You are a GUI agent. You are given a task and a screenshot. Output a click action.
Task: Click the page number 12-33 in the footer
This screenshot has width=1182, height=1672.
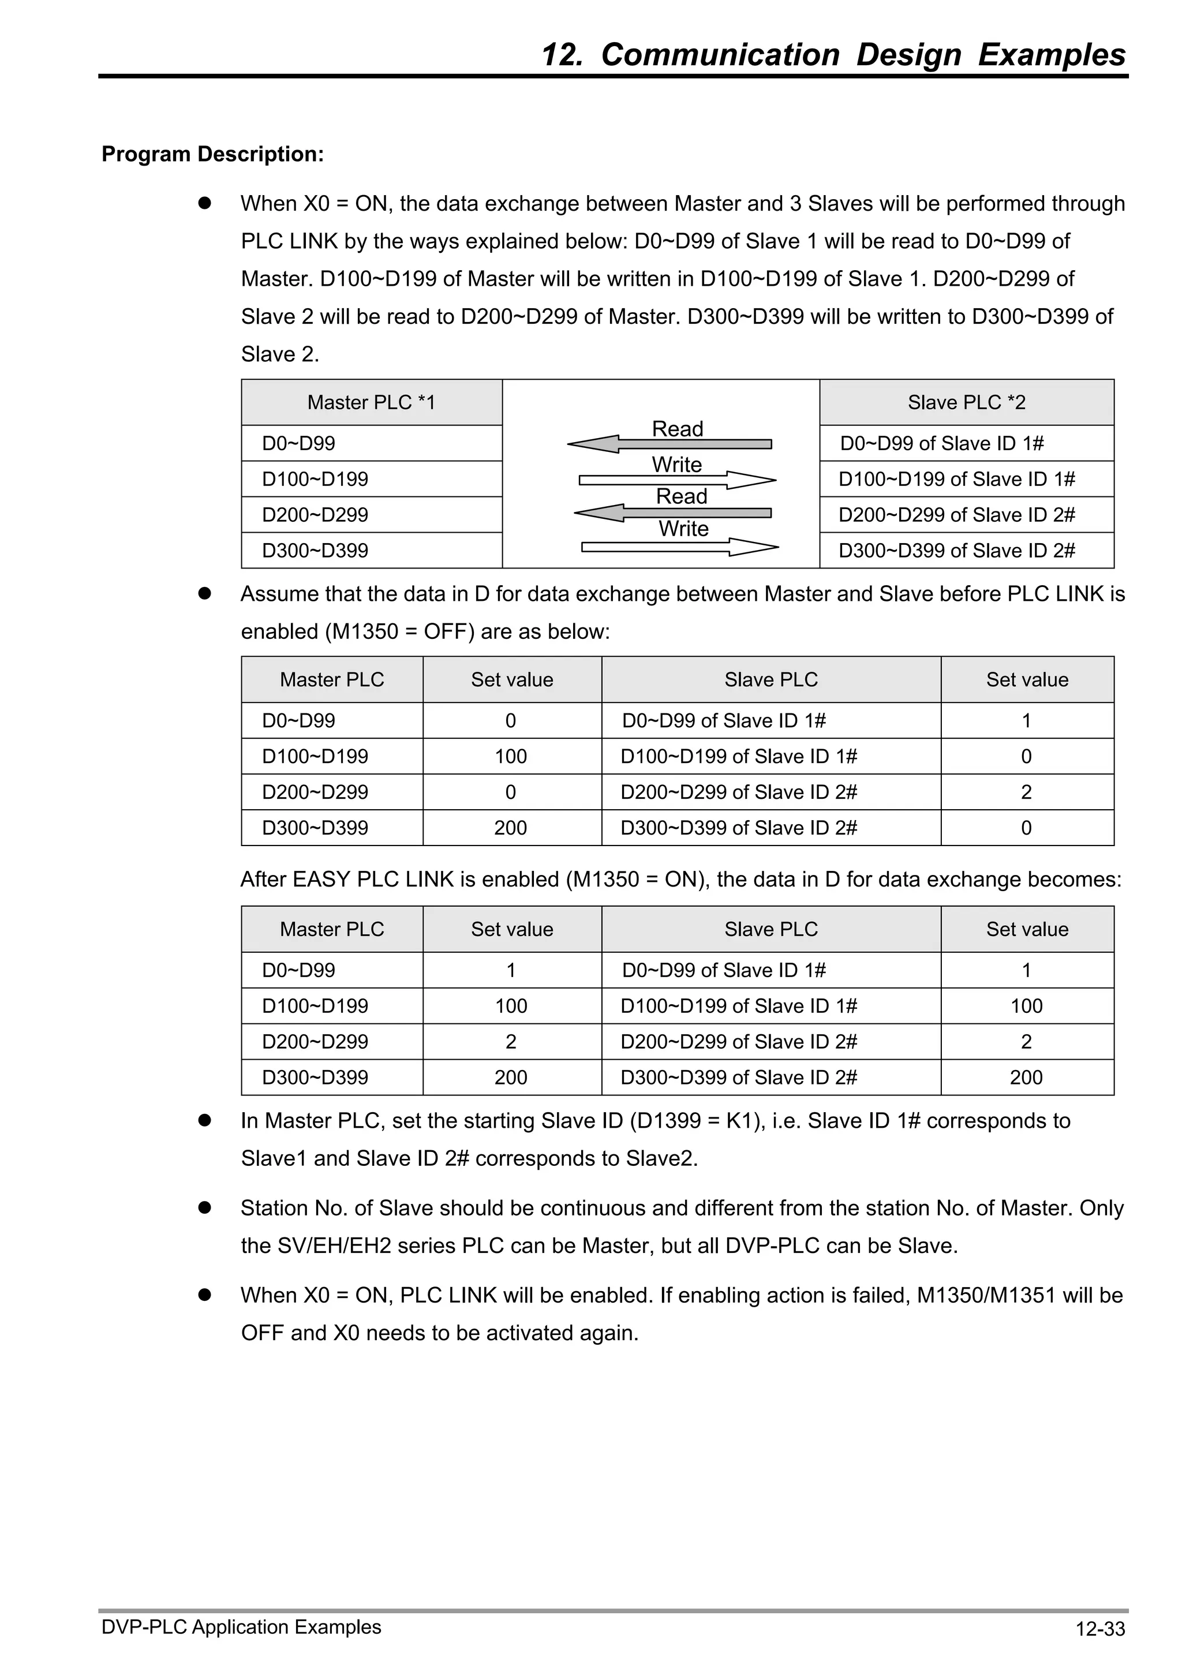coord(1099,1628)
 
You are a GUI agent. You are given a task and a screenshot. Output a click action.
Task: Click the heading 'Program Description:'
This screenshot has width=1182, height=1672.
coord(212,154)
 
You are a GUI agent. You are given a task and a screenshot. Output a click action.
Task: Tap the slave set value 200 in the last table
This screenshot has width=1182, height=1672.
coord(1026,1077)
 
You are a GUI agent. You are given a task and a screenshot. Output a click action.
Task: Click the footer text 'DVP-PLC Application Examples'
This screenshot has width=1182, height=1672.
coord(241,1627)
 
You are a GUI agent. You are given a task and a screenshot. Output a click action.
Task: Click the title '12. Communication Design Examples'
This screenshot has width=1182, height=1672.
coord(833,55)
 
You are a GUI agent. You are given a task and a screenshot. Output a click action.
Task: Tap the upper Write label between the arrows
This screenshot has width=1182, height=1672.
coord(676,465)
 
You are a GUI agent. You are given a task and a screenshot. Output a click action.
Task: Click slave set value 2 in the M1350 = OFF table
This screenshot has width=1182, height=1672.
coord(1026,792)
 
